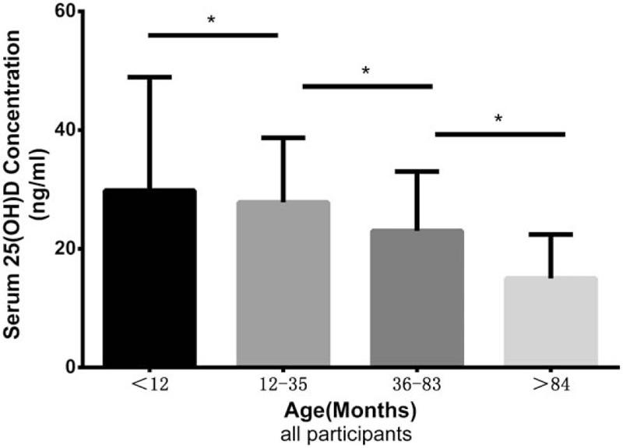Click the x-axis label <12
click(x=149, y=386)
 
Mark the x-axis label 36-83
click(x=417, y=386)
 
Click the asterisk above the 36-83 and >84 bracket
click(x=498, y=119)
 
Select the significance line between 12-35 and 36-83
click(x=366, y=86)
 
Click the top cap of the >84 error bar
click(x=551, y=235)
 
